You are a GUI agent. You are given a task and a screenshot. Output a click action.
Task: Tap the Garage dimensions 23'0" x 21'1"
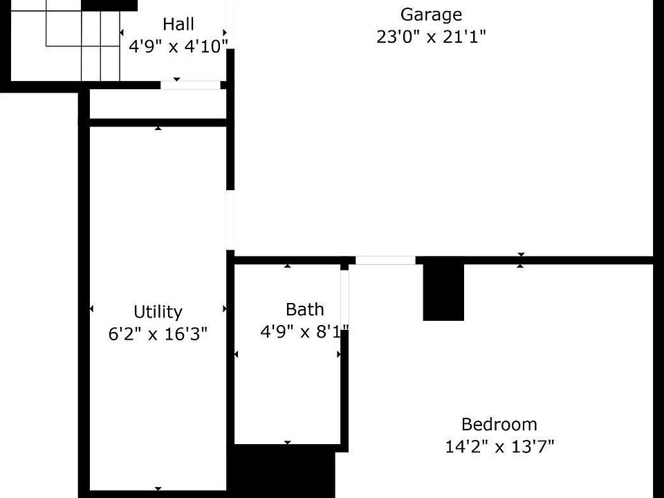[431, 37]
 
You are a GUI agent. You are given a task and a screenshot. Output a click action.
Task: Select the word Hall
[178, 24]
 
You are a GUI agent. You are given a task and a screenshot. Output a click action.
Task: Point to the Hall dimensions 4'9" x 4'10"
[178, 46]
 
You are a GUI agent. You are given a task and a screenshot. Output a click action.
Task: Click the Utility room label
[158, 312]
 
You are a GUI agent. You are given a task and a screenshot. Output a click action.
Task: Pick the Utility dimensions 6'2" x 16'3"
[158, 334]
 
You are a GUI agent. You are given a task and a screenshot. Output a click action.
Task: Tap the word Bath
[305, 310]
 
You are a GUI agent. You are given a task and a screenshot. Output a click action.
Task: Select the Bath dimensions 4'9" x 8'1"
[304, 331]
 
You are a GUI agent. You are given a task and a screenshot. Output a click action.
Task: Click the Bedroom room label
[499, 424]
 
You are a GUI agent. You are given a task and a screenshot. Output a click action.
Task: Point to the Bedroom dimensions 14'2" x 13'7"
[499, 446]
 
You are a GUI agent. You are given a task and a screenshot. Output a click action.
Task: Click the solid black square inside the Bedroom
[443, 293]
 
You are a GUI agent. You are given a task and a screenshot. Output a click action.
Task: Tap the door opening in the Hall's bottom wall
[191, 84]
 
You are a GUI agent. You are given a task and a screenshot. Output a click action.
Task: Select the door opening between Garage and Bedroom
[385, 261]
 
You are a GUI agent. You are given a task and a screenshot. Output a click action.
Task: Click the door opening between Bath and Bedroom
[344, 299]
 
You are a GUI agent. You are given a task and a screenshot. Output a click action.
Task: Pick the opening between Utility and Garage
[230, 220]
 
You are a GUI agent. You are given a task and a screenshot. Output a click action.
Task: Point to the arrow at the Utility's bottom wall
[158, 489]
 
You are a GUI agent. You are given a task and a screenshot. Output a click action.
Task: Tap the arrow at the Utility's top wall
[158, 128]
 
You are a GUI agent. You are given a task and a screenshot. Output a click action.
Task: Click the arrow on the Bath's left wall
[236, 354]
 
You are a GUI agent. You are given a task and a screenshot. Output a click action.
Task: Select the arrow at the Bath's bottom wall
[288, 443]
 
